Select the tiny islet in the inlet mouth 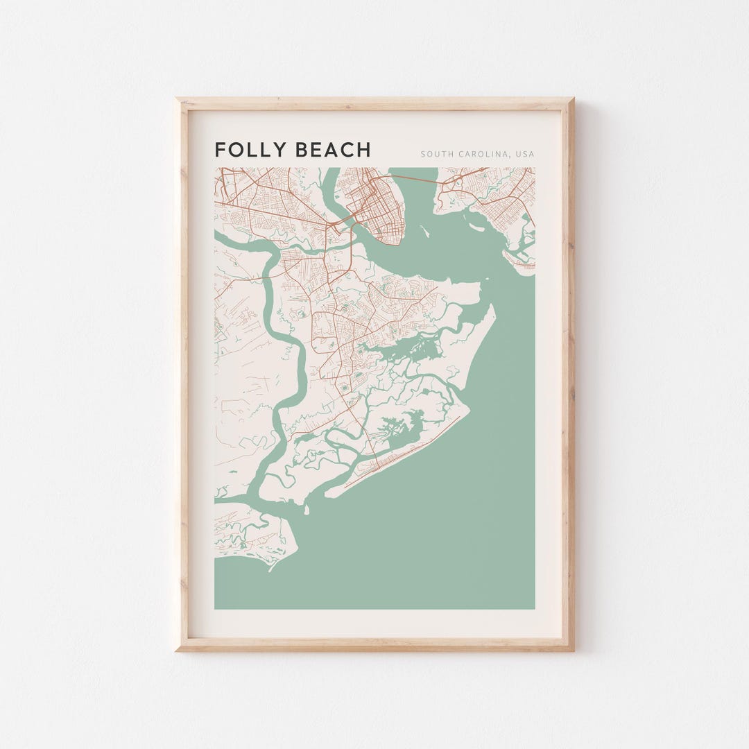pos(306,510)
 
